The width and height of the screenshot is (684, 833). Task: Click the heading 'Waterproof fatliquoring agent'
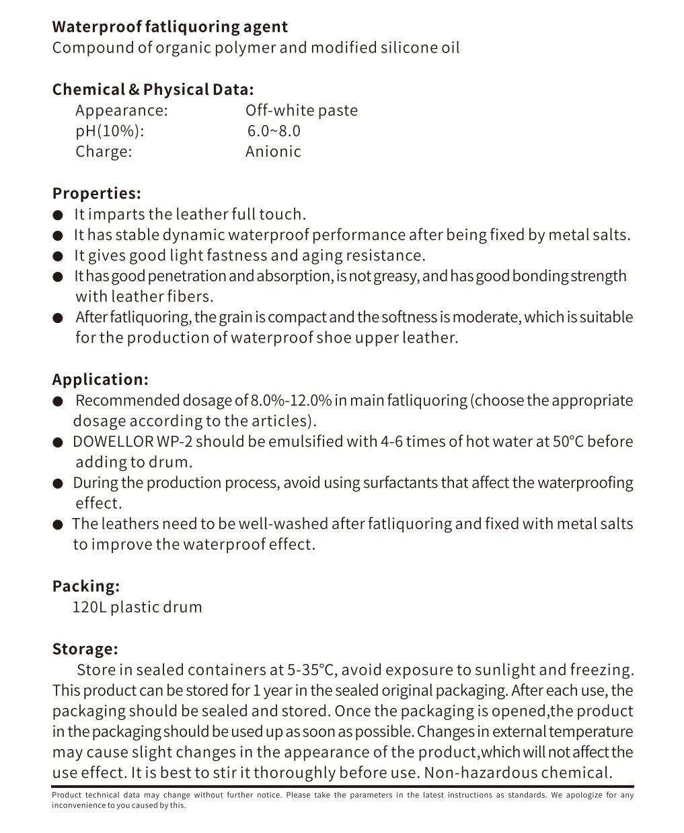(169, 28)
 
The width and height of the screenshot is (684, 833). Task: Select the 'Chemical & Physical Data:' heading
(153, 90)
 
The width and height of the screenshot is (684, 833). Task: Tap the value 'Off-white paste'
(301, 110)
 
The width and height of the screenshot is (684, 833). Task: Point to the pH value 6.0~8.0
(274, 131)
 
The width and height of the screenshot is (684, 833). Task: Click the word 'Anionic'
(273, 151)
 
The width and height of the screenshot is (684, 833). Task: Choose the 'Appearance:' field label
(121, 110)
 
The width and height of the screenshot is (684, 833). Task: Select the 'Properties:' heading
(97, 194)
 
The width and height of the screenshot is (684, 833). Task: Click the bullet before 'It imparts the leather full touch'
(59, 215)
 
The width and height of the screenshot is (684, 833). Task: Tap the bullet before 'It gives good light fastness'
(59, 256)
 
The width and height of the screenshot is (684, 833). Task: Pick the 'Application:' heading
(100, 379)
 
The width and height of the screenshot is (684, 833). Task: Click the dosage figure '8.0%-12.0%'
(291, 401)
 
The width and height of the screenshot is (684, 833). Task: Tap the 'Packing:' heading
(86, 586)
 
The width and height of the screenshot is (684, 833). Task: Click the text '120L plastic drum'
(137, 607)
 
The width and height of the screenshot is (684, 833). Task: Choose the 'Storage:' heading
(85, 649)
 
